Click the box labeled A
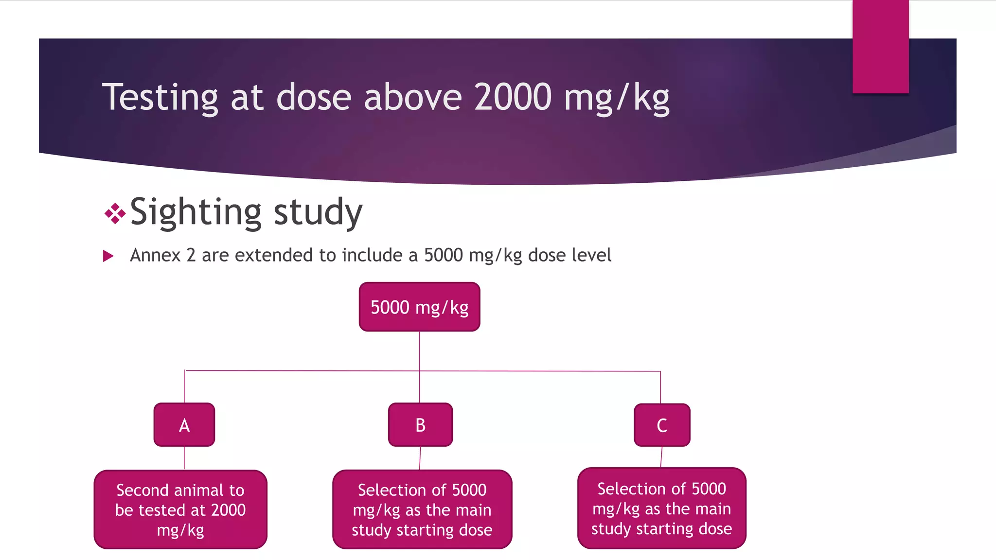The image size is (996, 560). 184,424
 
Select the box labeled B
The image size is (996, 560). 420,424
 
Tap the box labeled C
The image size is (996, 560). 662,425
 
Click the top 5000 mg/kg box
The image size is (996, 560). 419,307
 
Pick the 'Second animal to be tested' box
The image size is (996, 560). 180,509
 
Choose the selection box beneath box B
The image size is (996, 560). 422,509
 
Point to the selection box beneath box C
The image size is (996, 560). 661,508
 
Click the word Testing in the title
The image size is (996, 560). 160,98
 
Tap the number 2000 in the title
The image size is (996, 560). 513,97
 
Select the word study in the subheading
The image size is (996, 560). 318,212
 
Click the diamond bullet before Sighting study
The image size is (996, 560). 115,213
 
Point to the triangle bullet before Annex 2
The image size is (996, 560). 108,256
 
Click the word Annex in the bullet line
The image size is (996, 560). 155,255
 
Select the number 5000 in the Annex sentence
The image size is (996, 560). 443,255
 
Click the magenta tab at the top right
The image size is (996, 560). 880,46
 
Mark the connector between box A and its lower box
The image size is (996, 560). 184,458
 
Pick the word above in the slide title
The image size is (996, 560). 412,97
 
